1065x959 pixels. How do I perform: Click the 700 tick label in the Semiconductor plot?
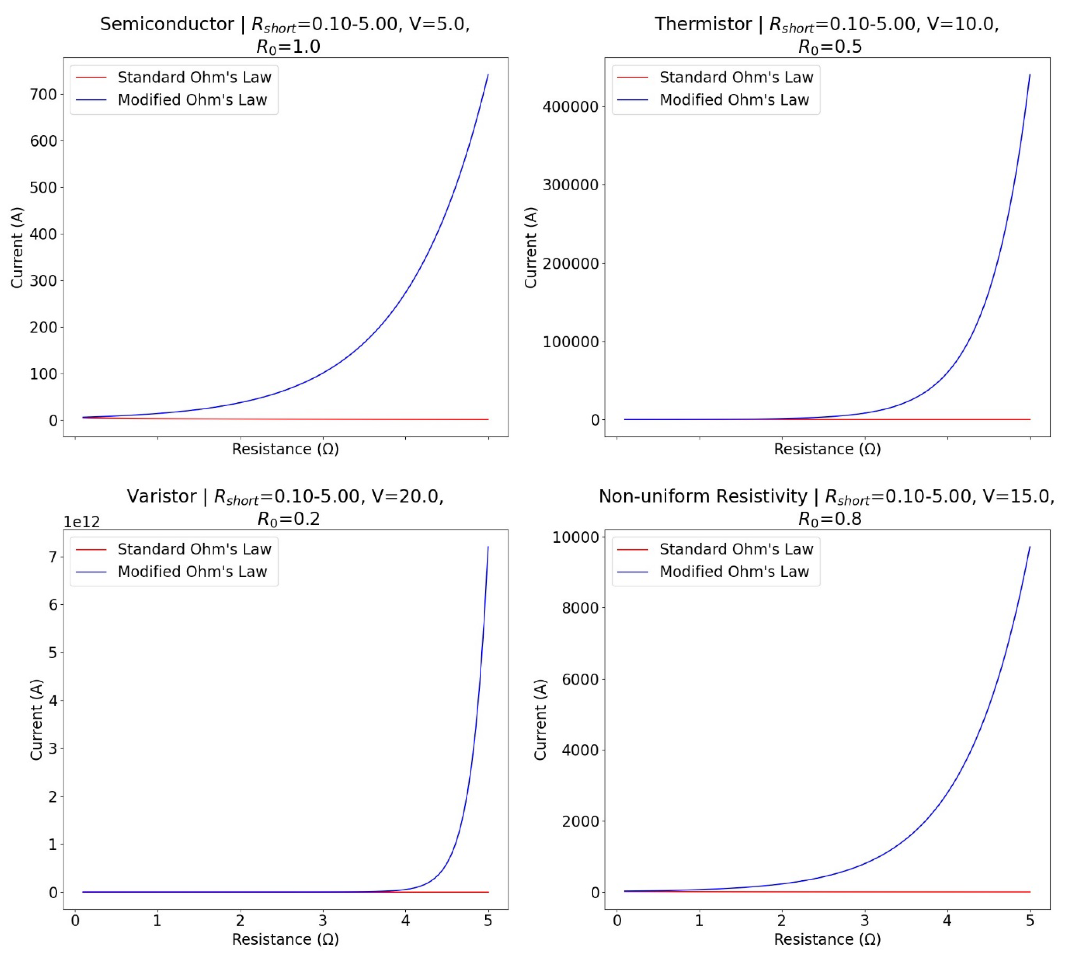[x=44, y=94]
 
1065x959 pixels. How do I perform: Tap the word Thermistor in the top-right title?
[x=703, y=24]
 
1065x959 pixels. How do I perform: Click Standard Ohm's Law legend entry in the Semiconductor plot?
[x=194, y=77]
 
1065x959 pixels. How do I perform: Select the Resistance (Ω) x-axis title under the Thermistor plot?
[x=827, y=449]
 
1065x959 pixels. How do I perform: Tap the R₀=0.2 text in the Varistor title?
[x=288, y=520]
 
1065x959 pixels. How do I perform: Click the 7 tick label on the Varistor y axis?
[x=53, y=557]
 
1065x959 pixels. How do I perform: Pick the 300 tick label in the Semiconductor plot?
[x=44, y=281]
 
